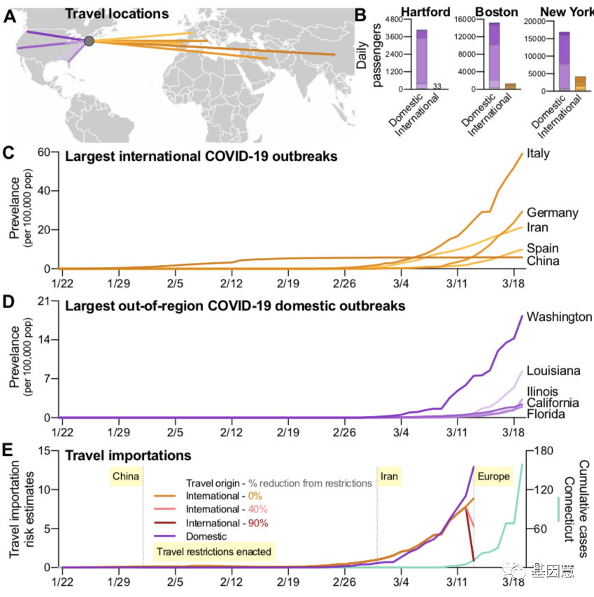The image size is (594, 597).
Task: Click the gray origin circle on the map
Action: point(89,42)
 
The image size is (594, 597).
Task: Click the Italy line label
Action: point(539,153)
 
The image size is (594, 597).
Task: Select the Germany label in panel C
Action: point(553,213)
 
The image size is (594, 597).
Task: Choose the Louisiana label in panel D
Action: point(553,371)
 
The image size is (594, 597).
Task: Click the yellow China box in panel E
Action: point(125,477)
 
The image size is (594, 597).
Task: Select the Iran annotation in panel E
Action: point(390,477)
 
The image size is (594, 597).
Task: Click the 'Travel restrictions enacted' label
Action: point(213,552)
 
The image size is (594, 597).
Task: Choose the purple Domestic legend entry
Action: point(207,536)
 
